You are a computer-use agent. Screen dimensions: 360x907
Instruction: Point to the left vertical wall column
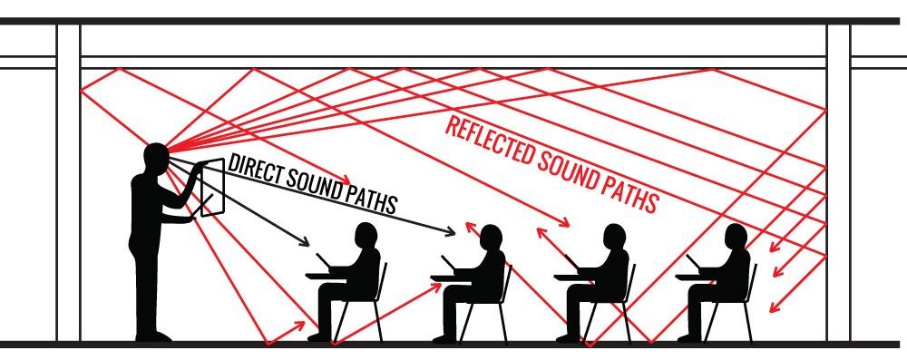click(x=68, y=181)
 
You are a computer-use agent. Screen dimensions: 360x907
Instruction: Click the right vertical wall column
click(x=838, y=181)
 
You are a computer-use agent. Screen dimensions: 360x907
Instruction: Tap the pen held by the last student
click(x=693, y=262)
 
